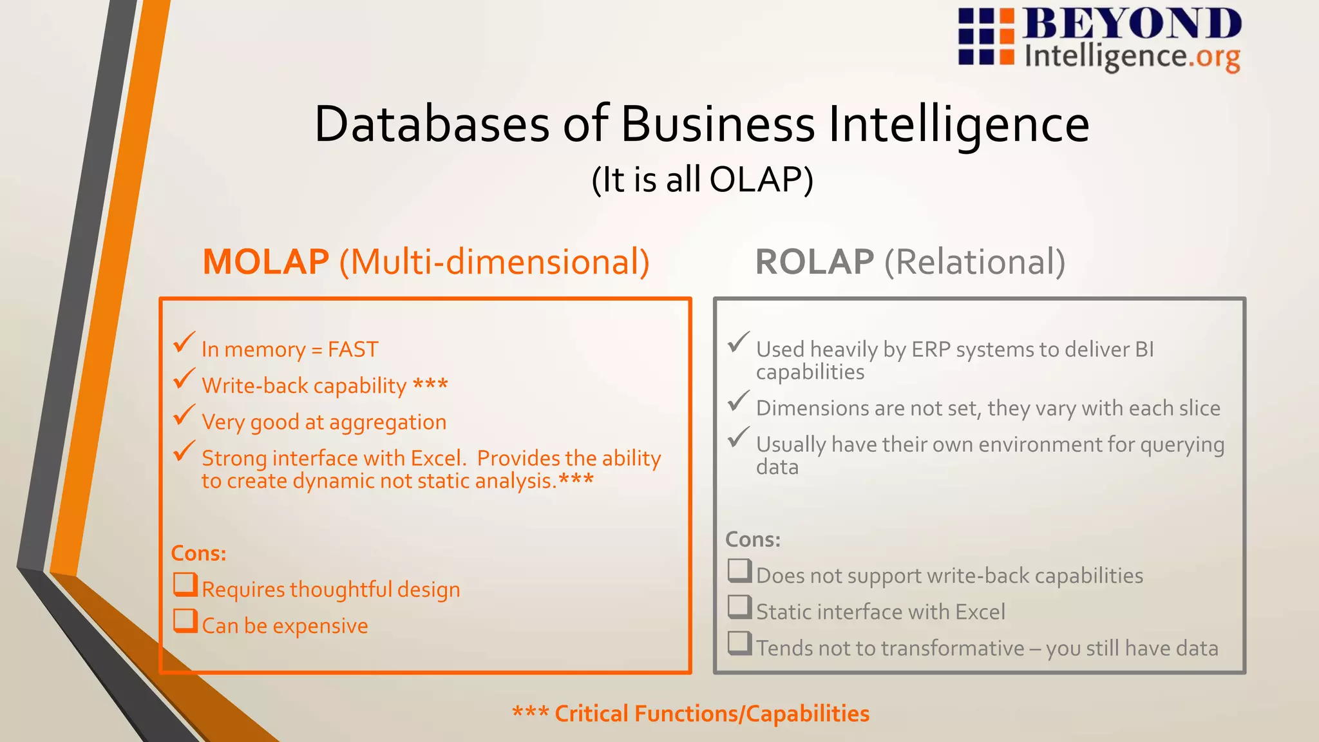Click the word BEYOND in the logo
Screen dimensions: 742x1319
tap(1132, 24)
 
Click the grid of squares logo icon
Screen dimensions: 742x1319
tap(986, 37)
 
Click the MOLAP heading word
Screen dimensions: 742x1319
tap(266, 262)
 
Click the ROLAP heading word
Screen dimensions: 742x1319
tap(814, 262)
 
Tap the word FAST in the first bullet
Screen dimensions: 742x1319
tap(353, 349)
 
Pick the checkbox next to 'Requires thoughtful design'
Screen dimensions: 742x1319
tap(185, 585)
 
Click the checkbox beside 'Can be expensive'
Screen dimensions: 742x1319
tap(185, 621)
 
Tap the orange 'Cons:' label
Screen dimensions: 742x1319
tap(198, 553)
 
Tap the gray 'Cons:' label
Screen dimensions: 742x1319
tap(753, 539)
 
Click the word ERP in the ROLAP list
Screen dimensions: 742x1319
tap(931, 349)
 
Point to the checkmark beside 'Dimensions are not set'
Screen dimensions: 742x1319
tap(739, 401)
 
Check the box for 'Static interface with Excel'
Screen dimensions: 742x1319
tap(739, 607)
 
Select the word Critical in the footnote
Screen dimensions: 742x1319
tap(591, 714)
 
